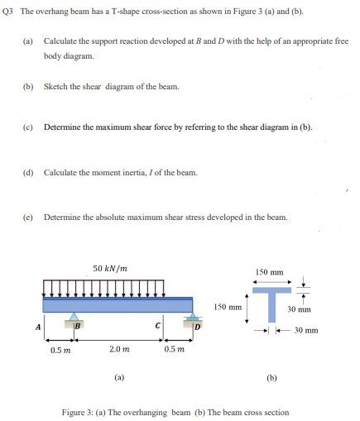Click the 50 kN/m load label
coord(110,269)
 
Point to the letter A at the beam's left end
coord(37,326)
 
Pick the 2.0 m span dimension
coord(118,349)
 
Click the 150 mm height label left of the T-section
coord(228,307)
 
